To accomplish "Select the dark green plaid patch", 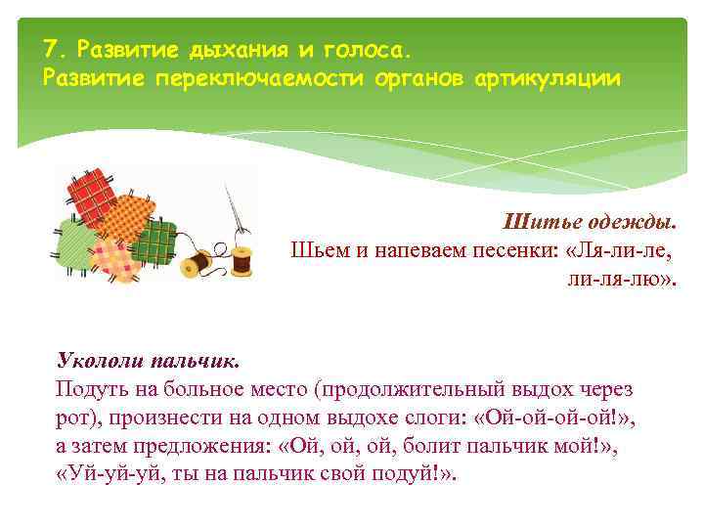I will pos(155,241).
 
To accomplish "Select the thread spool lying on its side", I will pos(199,261).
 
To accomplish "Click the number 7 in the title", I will pos(51,48).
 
